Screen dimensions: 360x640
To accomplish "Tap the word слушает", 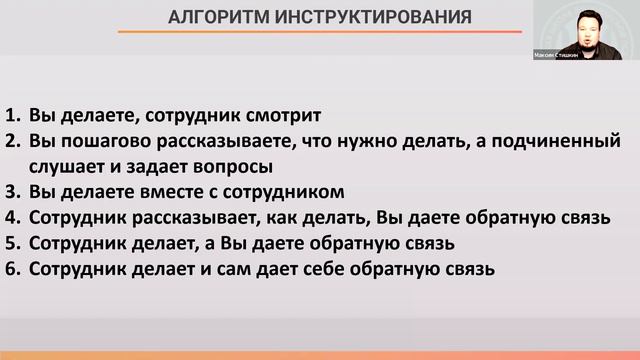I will pyautogui.click(x=67, y=165).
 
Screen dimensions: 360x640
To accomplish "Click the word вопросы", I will pyautogui.click(x=235, y=165).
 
